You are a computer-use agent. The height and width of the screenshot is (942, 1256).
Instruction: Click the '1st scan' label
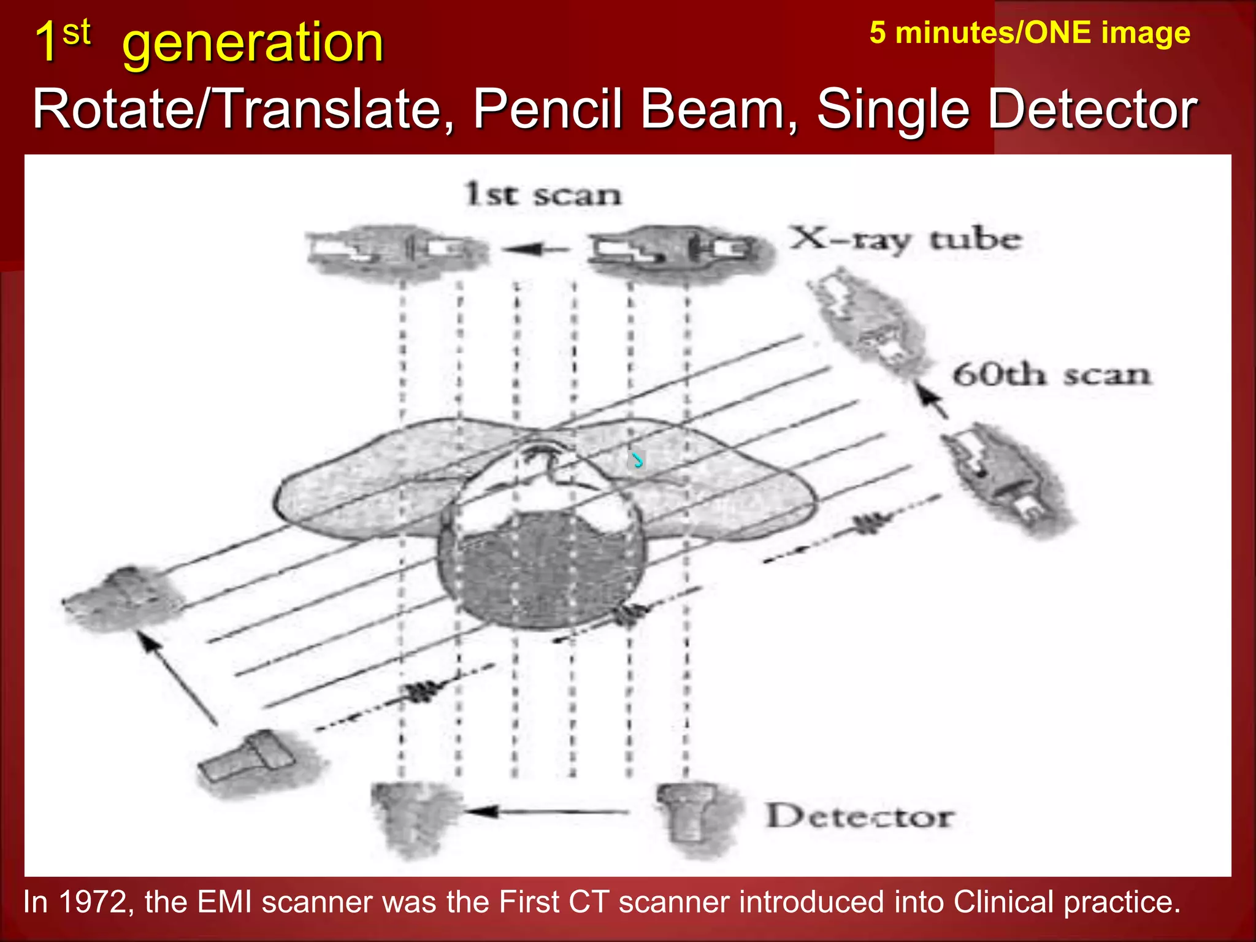543,194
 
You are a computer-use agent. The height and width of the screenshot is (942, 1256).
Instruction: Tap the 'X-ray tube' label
906,240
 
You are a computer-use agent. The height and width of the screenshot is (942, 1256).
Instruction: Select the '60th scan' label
1051,375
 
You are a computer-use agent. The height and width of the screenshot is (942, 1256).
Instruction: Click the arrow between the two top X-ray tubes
535,249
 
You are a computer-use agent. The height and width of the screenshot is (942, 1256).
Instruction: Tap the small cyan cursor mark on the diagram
638,459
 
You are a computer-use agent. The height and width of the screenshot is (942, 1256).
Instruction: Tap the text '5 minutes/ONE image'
1030,33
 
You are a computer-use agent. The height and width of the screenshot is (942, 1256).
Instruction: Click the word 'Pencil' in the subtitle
548,109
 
